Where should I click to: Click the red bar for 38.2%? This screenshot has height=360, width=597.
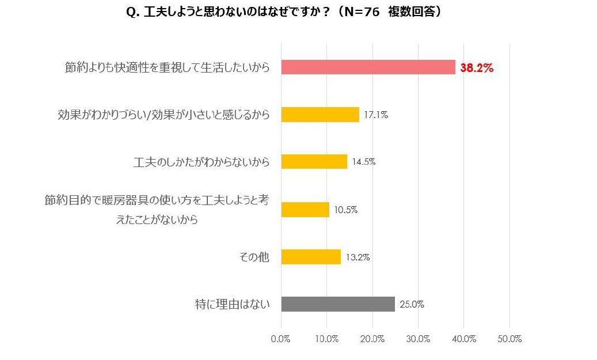[x=368, y=67]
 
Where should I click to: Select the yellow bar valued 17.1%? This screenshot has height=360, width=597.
[x=320, y=115]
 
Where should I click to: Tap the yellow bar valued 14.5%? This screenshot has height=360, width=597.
[x=314, y=162]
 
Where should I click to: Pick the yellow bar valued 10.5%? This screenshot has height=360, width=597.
[x=305, y=210]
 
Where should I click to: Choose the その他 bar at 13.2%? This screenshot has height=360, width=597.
[x=311, y=257]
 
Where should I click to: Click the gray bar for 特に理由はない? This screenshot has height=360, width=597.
[x=338, y=304]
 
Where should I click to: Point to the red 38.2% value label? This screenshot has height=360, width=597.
[x=477, y=68]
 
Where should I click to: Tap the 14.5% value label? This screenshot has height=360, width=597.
[x=364, y=162]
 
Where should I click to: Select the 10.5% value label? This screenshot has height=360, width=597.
[x=346, y=210]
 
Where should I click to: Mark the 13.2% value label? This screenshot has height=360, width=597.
[x=358, y=257]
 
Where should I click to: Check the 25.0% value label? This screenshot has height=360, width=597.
[x=412, y=305]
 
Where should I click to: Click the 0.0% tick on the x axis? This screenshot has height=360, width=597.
[x=281, y=339]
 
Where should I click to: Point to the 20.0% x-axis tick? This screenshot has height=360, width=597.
[x=372, y=339]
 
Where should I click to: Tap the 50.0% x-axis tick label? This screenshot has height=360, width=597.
[x=509, y=339]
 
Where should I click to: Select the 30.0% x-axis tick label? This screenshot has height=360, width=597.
[x=418, y=339]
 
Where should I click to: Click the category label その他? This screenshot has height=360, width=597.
[x=254, y=257]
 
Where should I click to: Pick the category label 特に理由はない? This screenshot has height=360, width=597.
[x=232, y=304]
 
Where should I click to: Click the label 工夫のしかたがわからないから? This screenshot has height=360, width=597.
[x=201, y=162]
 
